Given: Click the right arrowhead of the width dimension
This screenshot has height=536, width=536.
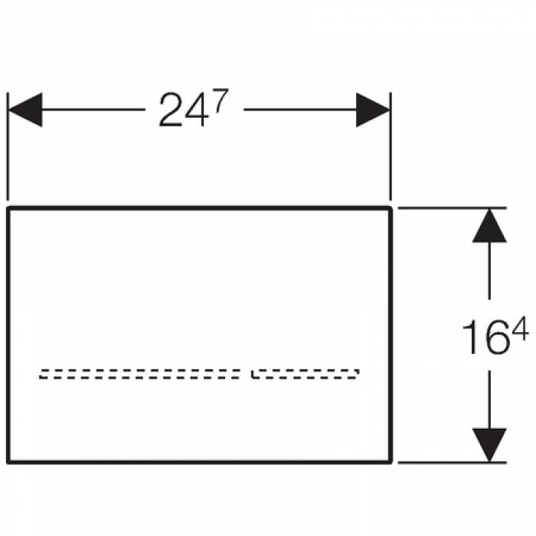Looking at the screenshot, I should click(x=373, y=110).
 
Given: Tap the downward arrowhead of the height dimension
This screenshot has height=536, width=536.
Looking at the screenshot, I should click(x=490, y=444).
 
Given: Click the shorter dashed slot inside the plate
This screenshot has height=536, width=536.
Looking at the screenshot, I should click(x=306, y=374).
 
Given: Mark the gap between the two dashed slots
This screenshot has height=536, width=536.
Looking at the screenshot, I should click(x=246, y=374).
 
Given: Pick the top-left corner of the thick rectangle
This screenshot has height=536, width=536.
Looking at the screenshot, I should click(x=8, y=208).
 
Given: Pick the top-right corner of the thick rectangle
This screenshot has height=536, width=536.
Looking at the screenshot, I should click(x=391, y=208).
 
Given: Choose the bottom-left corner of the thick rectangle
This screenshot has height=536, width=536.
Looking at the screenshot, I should click(x=8, y=462).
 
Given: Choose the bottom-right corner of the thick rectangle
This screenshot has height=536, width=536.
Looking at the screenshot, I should click(x=391, y=462).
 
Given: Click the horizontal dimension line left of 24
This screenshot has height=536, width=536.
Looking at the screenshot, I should click(x=92, y=110).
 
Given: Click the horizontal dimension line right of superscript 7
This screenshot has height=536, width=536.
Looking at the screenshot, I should click(x=299, y=110).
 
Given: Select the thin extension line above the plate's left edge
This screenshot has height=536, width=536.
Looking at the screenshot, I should click(x=8, y=153).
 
